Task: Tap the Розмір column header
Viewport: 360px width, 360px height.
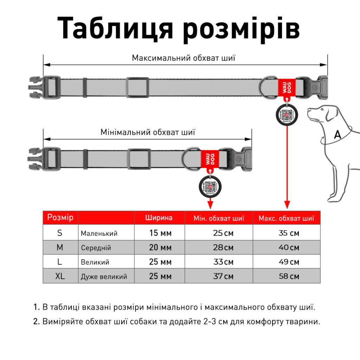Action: (x=60, y=218)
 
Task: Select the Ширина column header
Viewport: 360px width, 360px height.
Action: (x=159, y=218)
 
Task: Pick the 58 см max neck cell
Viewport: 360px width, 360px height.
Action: (x=289, y=276)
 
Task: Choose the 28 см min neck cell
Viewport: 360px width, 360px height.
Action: (x=223, y=247)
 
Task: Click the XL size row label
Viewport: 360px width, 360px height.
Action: (x=60, y=276)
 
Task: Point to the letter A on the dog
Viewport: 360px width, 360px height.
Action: (x=337, y=134)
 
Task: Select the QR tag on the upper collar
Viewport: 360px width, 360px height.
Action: (x=287, y=115)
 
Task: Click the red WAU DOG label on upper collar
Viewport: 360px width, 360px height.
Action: (x=287, y=86)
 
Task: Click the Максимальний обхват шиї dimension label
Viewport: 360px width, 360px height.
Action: (x=184, y=58)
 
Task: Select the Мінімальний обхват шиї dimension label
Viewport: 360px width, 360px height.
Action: (x=148, y=133)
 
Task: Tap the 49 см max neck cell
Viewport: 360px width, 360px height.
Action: (x=289, y=262)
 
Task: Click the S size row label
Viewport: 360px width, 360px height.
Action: (x=60, y=233)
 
